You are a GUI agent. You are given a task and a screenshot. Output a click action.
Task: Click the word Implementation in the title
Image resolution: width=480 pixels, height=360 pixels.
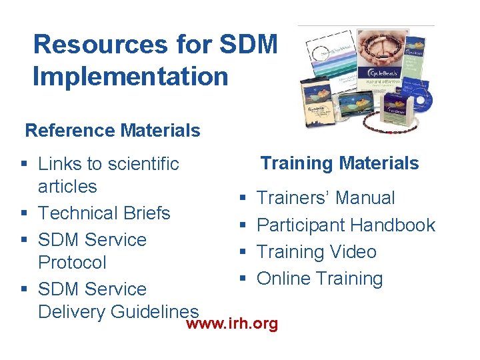131,76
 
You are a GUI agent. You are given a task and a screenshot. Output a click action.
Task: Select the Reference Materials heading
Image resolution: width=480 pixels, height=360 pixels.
113,130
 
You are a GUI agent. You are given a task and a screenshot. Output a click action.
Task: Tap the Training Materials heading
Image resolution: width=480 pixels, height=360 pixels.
339,163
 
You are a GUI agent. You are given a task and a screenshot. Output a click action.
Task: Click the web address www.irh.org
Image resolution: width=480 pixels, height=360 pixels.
232,324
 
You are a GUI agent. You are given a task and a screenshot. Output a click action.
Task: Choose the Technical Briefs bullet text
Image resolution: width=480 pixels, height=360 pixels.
104,213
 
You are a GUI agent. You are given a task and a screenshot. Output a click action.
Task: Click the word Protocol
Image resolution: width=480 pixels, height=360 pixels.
72,262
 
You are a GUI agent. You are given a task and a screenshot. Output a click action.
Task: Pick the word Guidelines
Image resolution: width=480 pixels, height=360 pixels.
157,311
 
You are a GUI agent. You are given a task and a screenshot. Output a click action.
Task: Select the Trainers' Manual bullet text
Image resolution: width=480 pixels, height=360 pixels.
325,198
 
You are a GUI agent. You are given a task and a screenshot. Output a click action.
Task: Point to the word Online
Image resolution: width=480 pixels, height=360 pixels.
284,279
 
